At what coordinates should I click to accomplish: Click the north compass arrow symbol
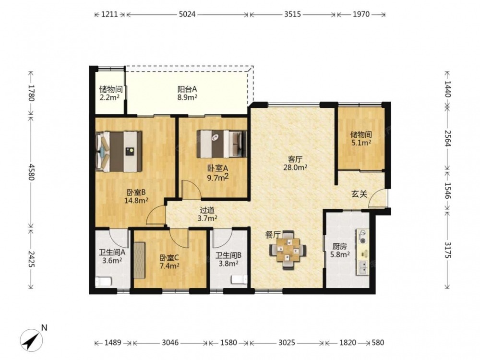[31, 339]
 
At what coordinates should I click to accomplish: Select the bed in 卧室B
[119, 152]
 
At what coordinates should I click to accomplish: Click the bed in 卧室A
[222, 144]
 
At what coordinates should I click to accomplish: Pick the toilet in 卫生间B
[239, 279]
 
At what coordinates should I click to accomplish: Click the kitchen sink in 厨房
[363, 267]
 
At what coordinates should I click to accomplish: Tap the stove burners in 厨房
[362, 237]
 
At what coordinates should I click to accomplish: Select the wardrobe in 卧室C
[140, 260]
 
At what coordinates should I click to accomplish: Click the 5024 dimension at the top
[187, 14]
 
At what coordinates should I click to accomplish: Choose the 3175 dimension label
[447, 250]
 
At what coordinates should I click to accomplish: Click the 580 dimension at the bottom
[377, 342]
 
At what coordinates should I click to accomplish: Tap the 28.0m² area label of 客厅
[295, 168]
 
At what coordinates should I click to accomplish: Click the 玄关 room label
[359, 194]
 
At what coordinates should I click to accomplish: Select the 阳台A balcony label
[187, 89]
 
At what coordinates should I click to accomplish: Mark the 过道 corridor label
[207, 210]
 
